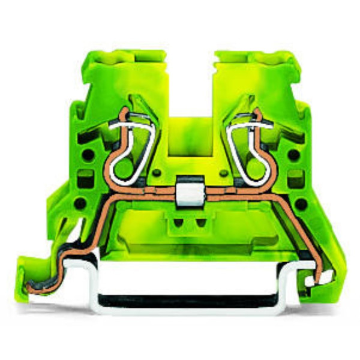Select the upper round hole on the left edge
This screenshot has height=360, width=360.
[x=88, y=155]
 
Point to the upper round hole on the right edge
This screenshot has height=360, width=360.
[x=295, y=154]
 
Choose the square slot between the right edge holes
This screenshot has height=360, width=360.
[x=295, y=178]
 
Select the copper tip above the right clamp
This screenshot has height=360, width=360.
[x=257, y=112]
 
